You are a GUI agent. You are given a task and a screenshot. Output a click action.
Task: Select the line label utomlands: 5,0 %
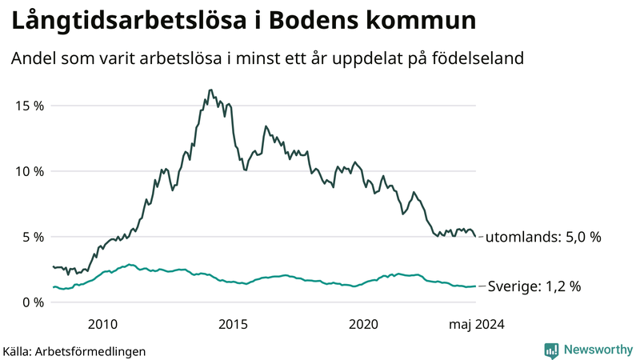(543, 238)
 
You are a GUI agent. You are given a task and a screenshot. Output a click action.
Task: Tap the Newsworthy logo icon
(551, 350)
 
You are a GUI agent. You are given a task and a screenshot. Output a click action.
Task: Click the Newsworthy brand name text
(597, 350)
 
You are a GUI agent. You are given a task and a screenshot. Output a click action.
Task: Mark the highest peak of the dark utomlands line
(210, 90)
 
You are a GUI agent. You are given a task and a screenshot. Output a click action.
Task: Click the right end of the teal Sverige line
(476, 286)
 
